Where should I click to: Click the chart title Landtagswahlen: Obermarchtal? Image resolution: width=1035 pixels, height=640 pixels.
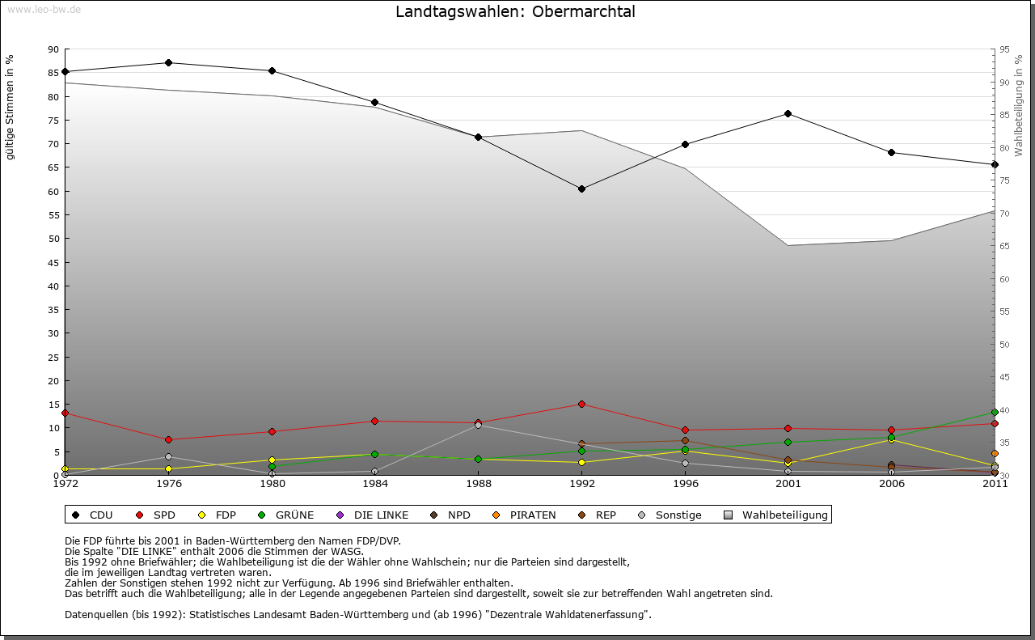tap(515, 12)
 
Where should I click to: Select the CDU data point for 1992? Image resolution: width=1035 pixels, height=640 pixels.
tap(581, 189)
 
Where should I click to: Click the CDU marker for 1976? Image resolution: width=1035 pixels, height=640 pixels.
tap(168, 62)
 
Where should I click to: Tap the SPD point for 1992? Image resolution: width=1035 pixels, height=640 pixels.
tap(581, 404)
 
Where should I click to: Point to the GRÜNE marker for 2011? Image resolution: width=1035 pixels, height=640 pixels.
tap(995, 412)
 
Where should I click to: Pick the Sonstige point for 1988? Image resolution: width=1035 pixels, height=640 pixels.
tap(478, 425)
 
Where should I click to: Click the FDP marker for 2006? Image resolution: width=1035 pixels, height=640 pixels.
tap(891, 439)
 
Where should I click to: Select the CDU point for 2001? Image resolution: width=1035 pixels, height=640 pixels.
tap(788, 113)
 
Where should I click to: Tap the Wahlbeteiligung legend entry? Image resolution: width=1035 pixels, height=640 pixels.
tap(775, 515)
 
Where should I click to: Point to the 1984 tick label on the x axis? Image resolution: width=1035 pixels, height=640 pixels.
tap(375, 484)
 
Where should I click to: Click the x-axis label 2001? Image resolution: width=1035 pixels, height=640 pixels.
tap(788, 484)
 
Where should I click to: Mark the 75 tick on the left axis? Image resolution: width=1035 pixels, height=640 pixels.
tap(53, 121)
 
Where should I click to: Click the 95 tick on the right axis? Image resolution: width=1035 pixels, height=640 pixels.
tap(1005, 49)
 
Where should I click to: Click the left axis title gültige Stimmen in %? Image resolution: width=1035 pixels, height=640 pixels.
tap(11, 107)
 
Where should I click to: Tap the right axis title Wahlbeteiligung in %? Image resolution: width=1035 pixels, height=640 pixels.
tap(1019, 106)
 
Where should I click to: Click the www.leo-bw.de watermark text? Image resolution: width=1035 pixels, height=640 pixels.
tap(44, 9)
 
